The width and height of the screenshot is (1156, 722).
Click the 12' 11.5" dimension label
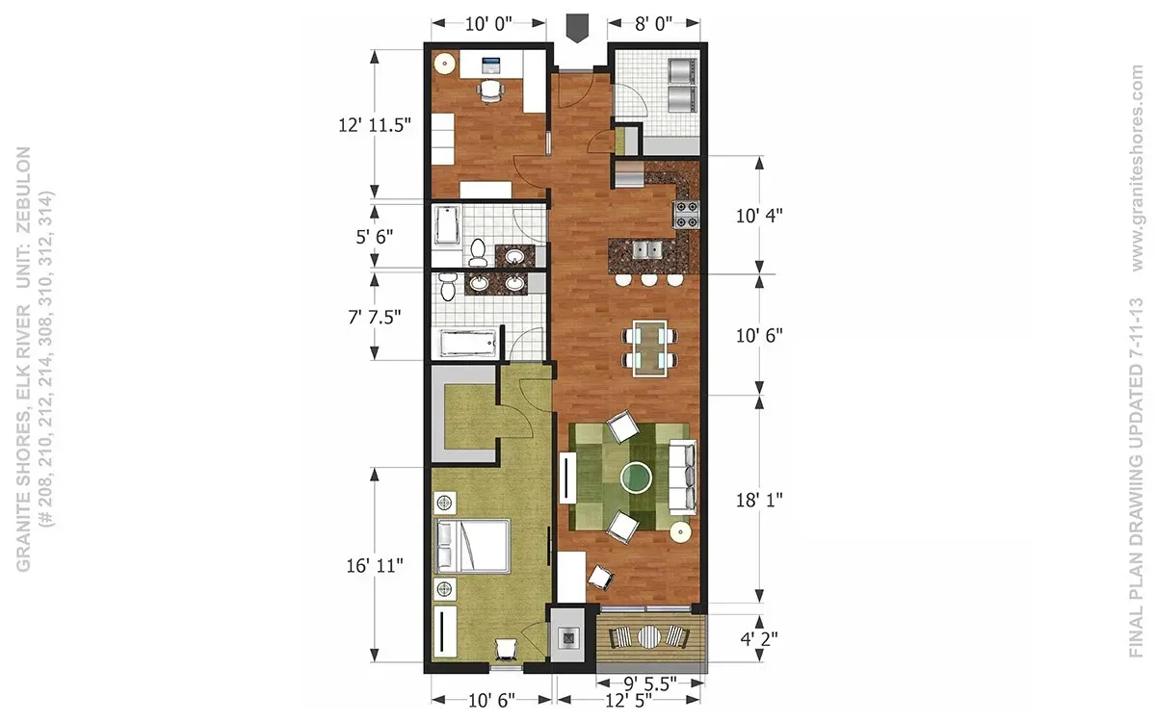[375, 125]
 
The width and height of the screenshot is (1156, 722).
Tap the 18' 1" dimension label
[759, 500]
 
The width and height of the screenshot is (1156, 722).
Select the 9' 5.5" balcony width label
[650, 683]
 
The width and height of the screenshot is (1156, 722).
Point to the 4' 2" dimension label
[759, 639]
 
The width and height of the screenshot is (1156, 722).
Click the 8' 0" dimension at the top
[653, 23]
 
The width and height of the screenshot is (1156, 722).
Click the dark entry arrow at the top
[576, 28]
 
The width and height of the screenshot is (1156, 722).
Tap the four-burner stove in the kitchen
[686, 215]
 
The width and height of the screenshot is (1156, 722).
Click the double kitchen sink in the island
[647, 250]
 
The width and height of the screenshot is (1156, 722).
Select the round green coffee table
[636, 477]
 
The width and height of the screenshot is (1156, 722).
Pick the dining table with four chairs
[649, 348]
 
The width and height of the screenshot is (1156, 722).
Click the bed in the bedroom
[472, 547]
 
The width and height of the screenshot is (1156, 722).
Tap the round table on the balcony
[649, 636]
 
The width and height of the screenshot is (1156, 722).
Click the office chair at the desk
[489, 91]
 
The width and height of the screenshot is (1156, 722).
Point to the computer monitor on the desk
[490, 65]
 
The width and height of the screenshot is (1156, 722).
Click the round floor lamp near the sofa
[681, 531]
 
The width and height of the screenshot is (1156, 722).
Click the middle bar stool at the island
[648, 279]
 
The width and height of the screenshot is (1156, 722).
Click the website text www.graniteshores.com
[1137, 168]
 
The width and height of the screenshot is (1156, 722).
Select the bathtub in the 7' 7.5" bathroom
[468, 343]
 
